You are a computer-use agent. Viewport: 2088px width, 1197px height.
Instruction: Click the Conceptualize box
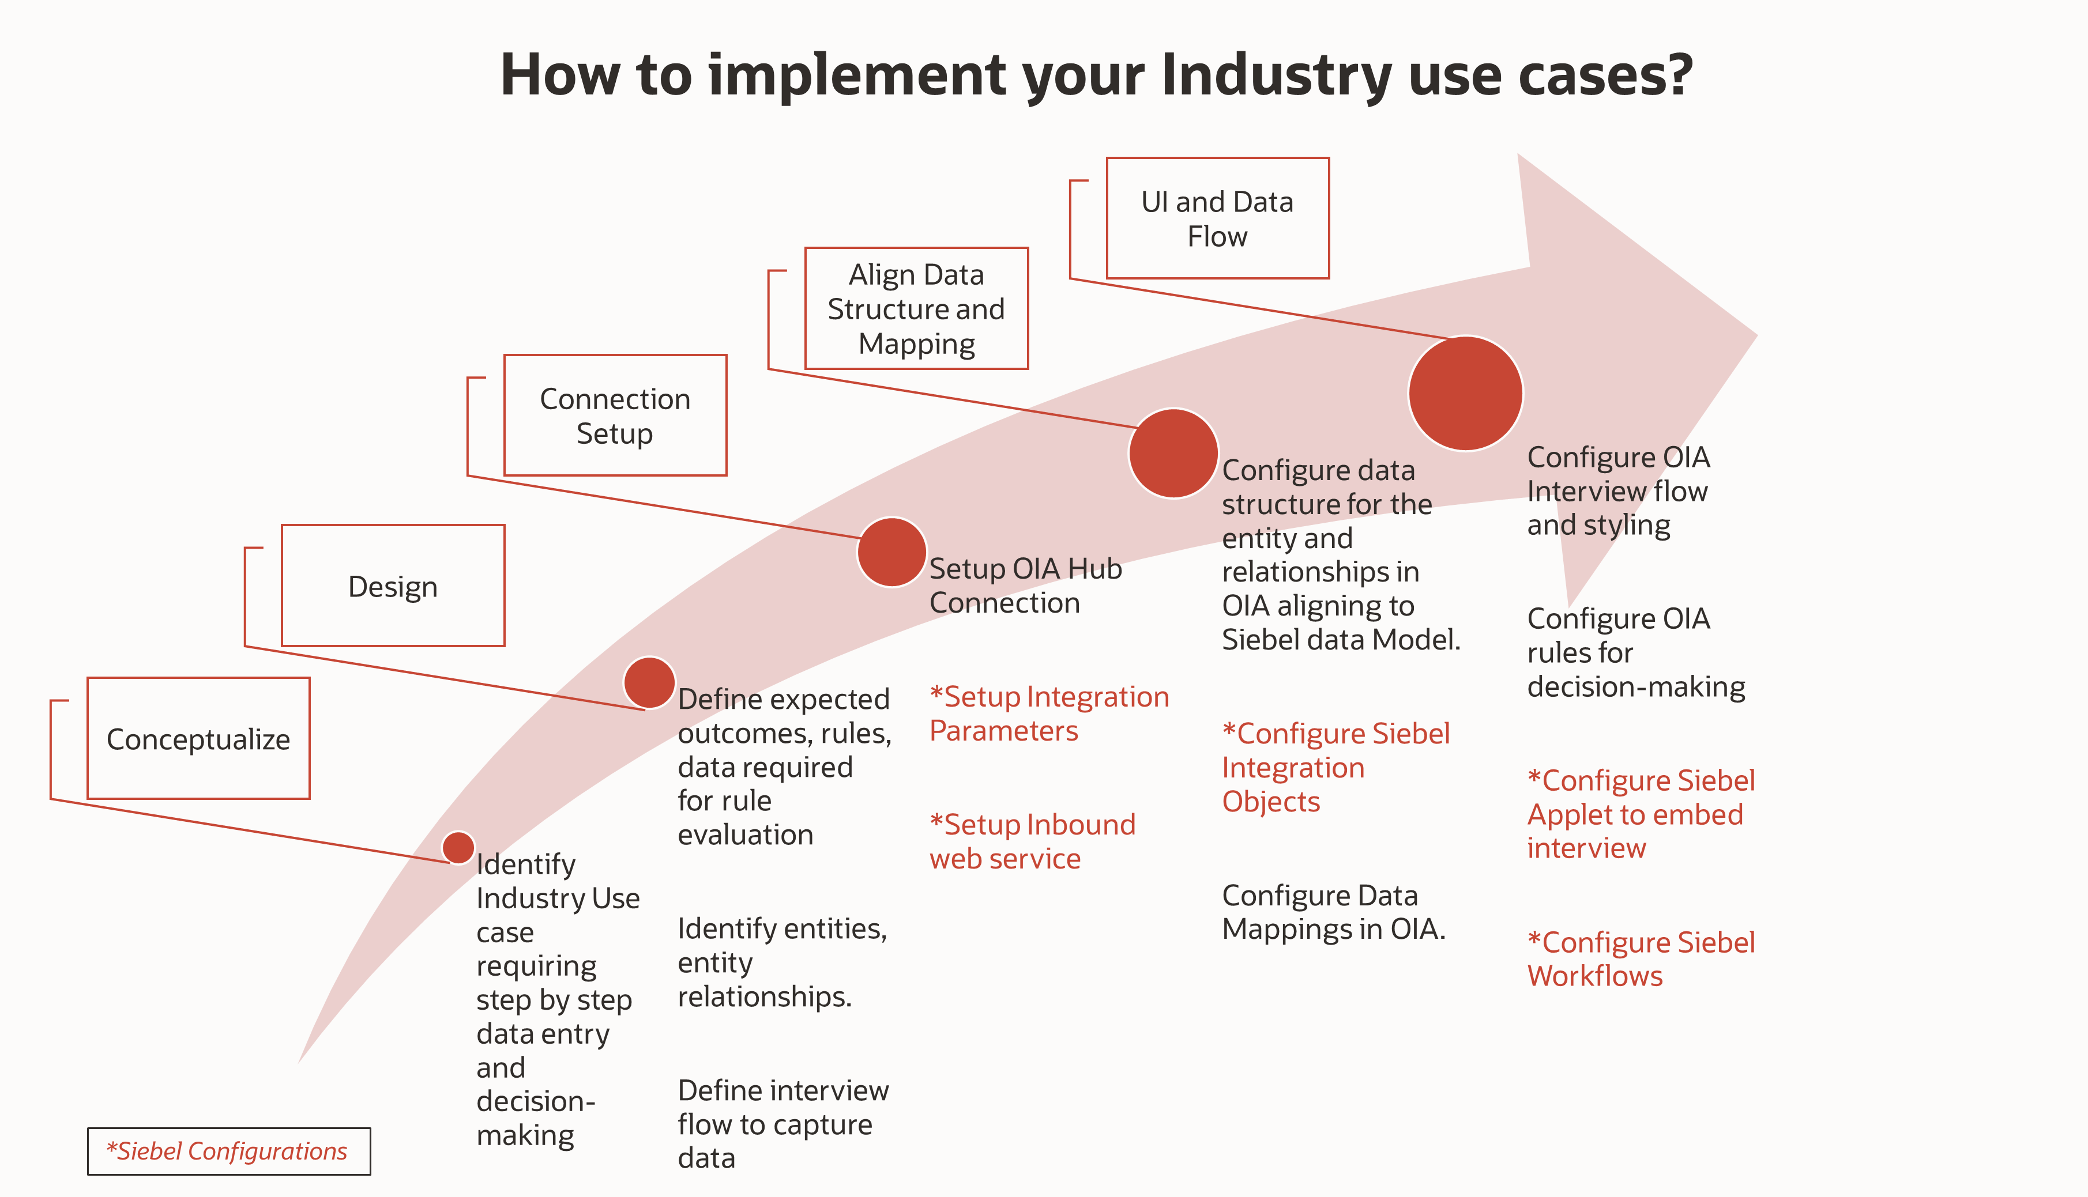pyautogui.click(x=198, y=738)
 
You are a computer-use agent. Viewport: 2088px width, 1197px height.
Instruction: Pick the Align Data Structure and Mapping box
pyautogui.click(x=916, y=308)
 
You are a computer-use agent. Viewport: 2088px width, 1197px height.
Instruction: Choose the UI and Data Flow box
pyautogui.click(x=1217, y=218)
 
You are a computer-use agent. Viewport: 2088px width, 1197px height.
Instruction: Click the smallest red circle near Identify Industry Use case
pyautogui.click(x=458, y=848)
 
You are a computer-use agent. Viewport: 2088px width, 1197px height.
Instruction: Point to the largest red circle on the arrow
pyautogui.click(x=1465, y=393)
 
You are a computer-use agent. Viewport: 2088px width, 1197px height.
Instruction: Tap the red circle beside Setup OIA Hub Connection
pyautogui.click(x=891, y=552)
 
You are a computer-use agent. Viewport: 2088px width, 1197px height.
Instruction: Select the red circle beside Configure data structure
pyautogui.click(x=1173, y=453)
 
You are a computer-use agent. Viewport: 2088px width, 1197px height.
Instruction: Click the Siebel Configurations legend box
pyautogui.click(x=228, y=1151)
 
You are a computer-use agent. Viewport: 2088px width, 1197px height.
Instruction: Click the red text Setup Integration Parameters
pyautogui.click(x=1048, y=713)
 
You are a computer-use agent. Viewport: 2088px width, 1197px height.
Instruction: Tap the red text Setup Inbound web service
pyautogui.click(x=1032, y=841)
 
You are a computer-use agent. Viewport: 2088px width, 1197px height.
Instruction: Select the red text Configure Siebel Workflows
pyautogui.click(x=1641, y=958)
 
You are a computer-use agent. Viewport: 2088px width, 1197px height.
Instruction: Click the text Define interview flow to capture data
pyautogui.click(x=782, y=1124)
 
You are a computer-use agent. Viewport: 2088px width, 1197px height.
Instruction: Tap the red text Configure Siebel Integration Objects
pyautogui.click(x=1335, y=767)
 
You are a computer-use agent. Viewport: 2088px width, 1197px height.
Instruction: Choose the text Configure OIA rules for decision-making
pyautogui.click(x=1635, y=652)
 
